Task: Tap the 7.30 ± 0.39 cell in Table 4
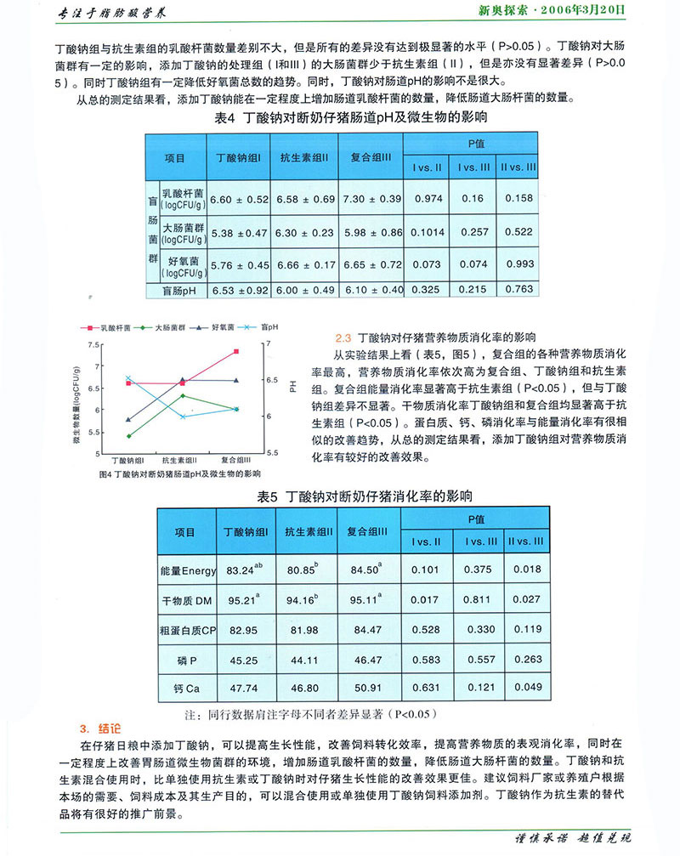coord(371,199)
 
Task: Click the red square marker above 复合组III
coord(235,351)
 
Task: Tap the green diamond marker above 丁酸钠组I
coord(128,436)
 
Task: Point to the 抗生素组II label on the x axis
coord(181,459)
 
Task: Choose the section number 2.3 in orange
coord(344,337)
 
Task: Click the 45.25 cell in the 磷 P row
coord(246,659)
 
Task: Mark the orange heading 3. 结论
coord(100,728)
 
